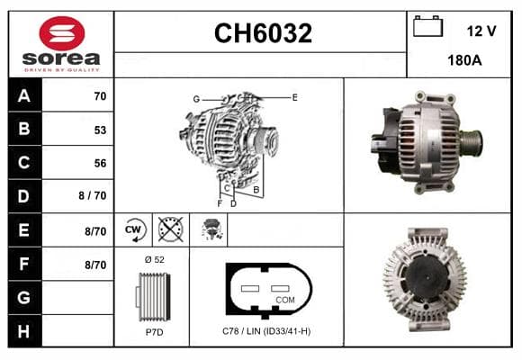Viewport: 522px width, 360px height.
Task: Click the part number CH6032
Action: pyautogui.click(x=263, y=33)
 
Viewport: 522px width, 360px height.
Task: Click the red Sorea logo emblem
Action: pyautogui.click(x=62, y=33)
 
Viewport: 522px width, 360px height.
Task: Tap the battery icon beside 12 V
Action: pyautogui.click(x=427, y=26)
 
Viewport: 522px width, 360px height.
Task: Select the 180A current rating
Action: pyautogui.click(x=464, y=60)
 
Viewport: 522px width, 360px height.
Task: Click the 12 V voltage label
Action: pyautogui.click(x=481, y=31)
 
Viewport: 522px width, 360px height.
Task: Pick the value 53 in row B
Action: pyautogui.click(x=100, y=130)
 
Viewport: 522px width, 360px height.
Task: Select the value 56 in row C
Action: pyautogui.click(x=100, y=163)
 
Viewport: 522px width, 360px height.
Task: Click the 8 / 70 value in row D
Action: pyautogui.click(x=93, y=195)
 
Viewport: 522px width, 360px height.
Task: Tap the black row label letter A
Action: pyautogui.click(x=24, y=96)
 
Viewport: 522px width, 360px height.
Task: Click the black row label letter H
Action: pyautogui.click(x=23, y=331)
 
